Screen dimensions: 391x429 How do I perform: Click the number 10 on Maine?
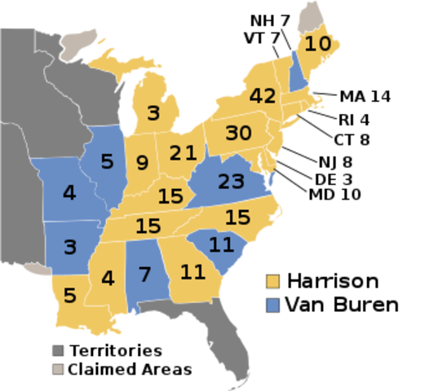(x=317, y=44)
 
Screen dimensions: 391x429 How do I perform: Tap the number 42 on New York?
(x=262, y=96)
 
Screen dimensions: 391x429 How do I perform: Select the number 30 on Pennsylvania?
(x=238, y=133)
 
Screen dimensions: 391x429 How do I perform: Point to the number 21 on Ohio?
(x=184, y=152)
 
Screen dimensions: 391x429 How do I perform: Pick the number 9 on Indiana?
(x=142, y=164)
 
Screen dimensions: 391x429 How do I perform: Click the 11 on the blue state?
(x=221, y=244)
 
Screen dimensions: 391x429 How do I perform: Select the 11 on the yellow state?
(x=192, y=272)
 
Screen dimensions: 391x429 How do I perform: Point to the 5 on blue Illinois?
(x=107, y=162)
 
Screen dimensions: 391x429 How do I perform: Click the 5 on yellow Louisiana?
(x=69, y=296)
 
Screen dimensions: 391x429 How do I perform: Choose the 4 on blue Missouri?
(x=69, y=194)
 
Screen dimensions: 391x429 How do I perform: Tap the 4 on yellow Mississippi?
(x=108, y=278)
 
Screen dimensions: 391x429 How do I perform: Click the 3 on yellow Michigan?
(x=153, y=113)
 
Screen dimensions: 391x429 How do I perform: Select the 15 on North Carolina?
(x=237, y=218)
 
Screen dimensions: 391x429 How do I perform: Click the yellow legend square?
(x=273, y=282)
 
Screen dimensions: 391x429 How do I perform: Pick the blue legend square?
(x=273, y=305)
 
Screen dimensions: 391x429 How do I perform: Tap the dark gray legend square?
(x=58, y=350)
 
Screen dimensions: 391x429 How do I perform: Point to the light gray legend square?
(x=58, y=369)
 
